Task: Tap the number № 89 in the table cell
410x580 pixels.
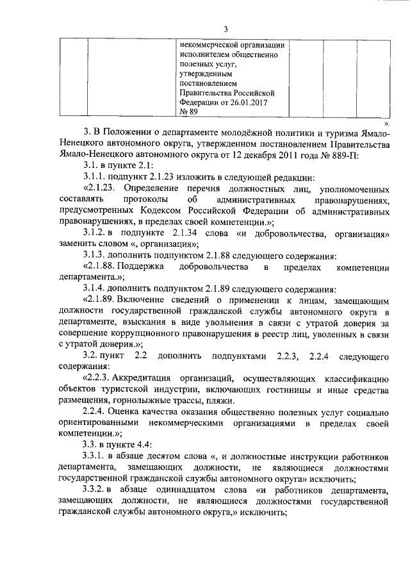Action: [189, 112]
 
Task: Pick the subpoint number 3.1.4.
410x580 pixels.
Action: [94, 290]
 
